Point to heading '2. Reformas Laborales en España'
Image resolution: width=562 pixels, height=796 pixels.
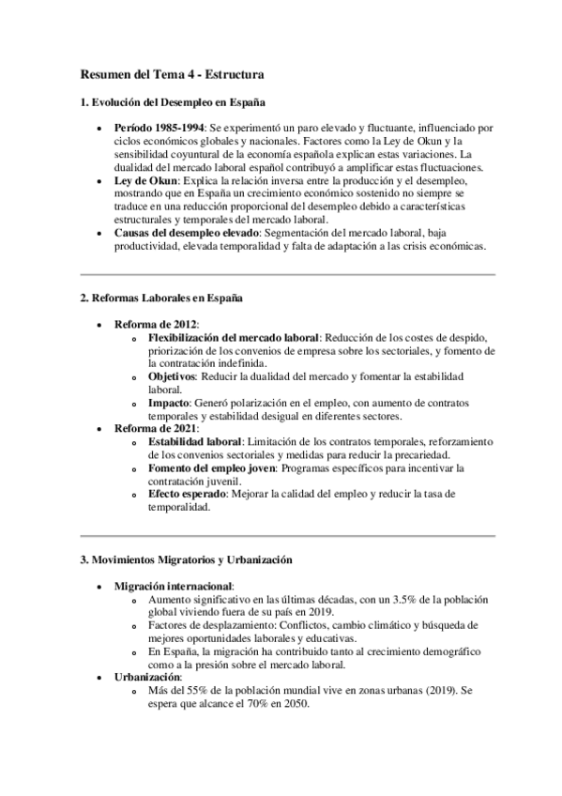(161, 298)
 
